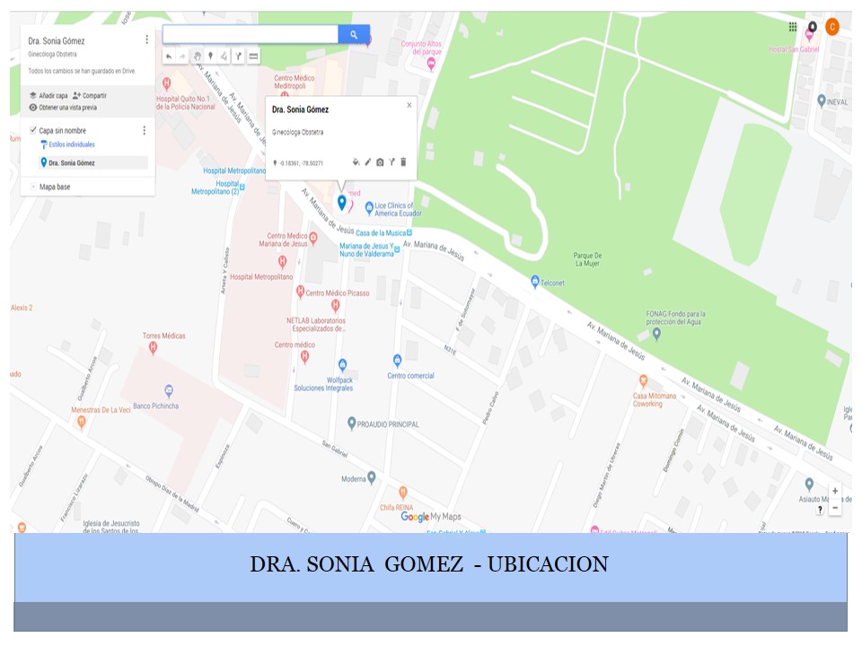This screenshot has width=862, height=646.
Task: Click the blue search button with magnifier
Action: (x=354, y=35)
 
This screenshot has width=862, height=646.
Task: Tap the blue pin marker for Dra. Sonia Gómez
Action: (x=341, y=202)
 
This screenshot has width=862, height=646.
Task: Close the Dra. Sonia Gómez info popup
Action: (x=409, y=105)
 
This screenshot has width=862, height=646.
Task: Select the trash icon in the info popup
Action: (x=403, y=162)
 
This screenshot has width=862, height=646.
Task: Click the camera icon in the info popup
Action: (x=380, y=162)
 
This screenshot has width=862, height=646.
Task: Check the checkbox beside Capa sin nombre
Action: (x=33, y=130)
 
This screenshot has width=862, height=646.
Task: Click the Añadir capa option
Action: (x=48, y=95)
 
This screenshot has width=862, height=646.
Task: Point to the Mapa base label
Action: (x=55, y=187)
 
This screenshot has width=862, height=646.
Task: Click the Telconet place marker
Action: (x=535, y=282)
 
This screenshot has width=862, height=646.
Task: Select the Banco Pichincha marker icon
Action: (x=168, y=390)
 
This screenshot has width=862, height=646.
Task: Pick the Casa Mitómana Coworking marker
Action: (x=643, y=380)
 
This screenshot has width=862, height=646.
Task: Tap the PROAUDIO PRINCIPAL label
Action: (x=388, y=423)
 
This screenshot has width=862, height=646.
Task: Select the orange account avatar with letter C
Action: (x=832, y=27)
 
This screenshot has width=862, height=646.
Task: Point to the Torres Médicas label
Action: (x=164, y=336)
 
